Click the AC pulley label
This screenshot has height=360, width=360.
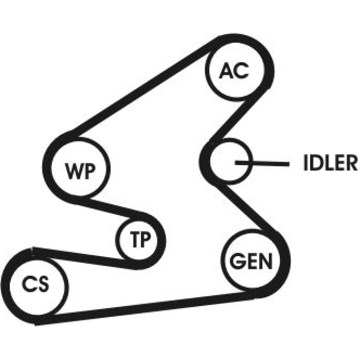click(234, 70)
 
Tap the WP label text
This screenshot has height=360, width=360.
click(80, 171)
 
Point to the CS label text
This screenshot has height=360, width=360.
click(35, 283)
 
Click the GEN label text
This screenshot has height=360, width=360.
click(251, 261)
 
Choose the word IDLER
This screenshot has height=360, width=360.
click(330, 163)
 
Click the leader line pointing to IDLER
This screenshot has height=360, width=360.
click(262, 163)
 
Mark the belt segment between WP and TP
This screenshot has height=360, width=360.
click(110, 208)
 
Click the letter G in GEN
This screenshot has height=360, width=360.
click(237, 261)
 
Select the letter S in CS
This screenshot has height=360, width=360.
click(43, 283)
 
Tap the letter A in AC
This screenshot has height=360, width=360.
click(227, 70)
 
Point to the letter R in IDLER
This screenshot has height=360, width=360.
click(352, 163)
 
